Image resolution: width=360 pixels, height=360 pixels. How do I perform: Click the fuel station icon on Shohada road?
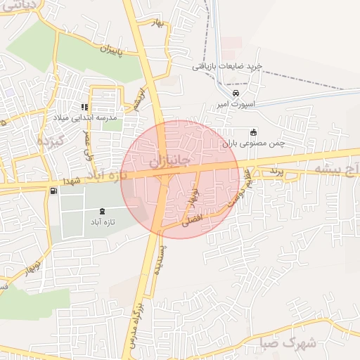[53, 191]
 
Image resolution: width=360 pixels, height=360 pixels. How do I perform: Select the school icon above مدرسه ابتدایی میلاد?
[84, 108]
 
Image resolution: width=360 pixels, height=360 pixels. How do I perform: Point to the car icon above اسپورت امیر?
[236, 93]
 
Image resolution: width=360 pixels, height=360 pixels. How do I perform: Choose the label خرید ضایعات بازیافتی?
[227, 66]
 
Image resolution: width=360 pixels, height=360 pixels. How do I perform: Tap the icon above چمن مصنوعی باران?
[254, 132]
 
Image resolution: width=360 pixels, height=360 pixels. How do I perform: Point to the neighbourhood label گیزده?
[49, 141]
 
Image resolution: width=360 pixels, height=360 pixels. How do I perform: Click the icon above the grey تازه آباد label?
[103, 211]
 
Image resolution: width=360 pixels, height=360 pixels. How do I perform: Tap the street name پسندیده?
[160, 262]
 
